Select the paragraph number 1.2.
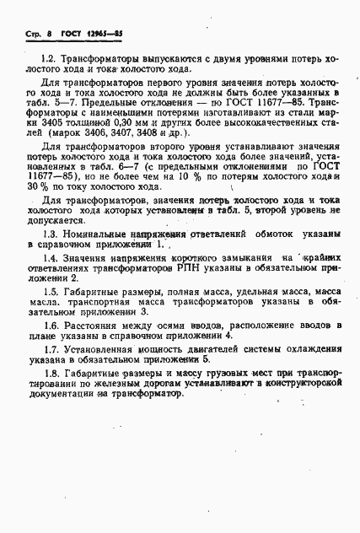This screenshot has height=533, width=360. pos(48,60)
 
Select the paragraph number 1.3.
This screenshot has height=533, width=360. pos(48,256)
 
